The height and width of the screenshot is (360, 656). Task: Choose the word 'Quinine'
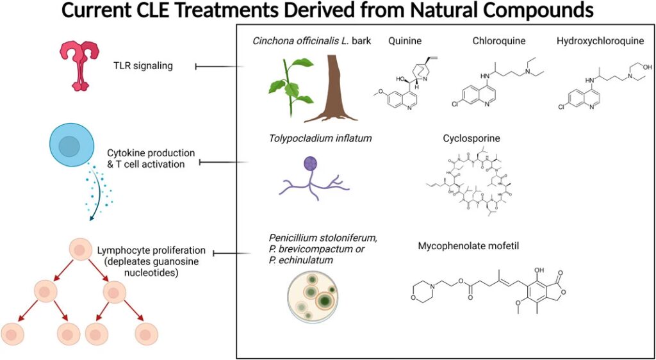pyautogui.click(x=405, y=42)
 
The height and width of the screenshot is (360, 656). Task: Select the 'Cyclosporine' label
pyautogui.click(x=471, y=138)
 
